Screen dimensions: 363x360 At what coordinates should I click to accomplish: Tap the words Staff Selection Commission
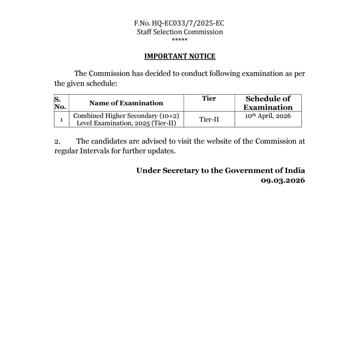coord(180,32)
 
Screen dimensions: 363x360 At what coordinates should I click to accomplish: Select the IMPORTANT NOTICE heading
coord(180,56)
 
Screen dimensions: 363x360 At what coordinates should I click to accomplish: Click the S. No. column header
coord(60,103)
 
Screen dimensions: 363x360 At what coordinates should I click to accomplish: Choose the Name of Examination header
coord(126,103)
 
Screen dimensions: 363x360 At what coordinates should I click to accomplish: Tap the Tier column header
coord(209,98)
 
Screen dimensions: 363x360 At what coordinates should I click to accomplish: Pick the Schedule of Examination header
coord(268,103)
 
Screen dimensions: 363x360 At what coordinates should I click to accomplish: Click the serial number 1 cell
coord(61,119)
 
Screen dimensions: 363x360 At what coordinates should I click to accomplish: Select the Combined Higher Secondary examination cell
coord(126,119)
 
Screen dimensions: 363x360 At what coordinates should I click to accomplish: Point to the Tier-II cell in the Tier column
coord(209,119)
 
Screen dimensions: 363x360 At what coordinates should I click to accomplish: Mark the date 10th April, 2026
coord(268,116)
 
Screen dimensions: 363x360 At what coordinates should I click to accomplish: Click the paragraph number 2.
coord(57,141)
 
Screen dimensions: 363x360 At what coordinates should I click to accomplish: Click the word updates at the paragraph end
coord(161,151)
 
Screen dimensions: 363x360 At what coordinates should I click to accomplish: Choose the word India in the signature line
coord(295,170)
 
